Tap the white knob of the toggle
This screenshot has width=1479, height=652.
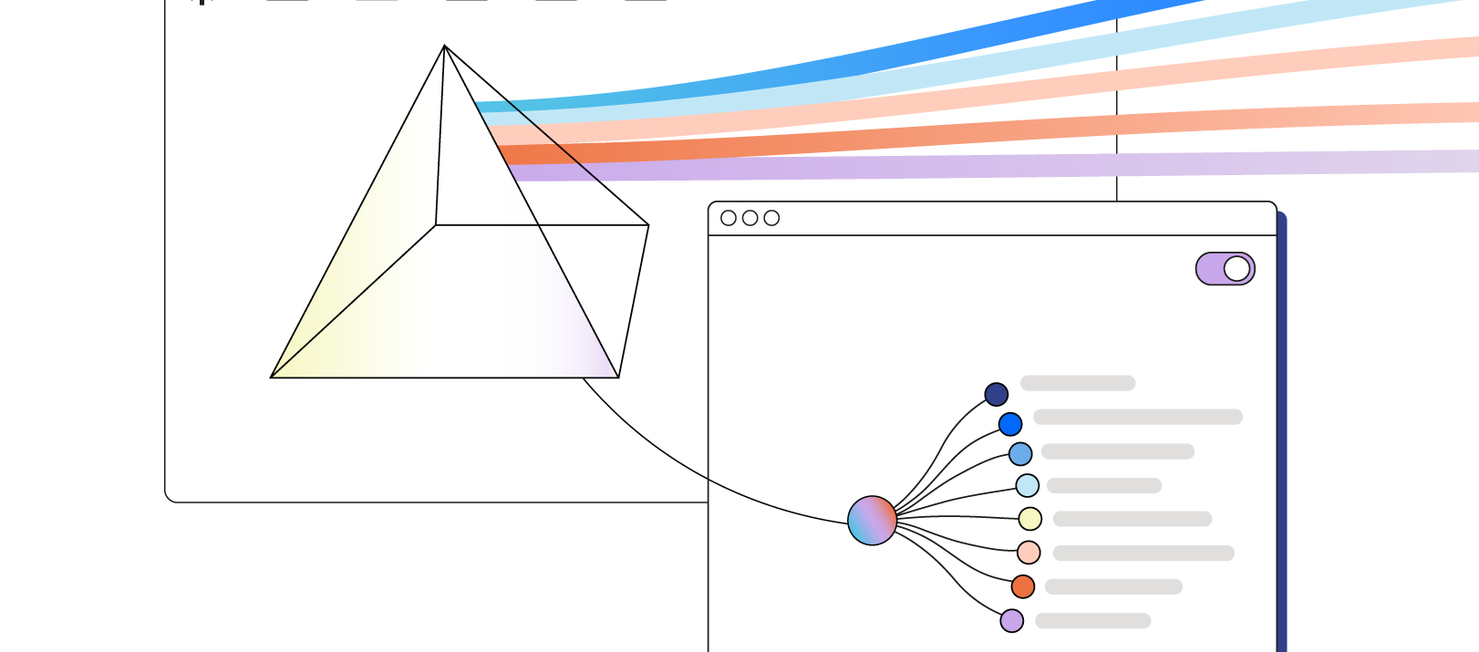[x=1236, y=269]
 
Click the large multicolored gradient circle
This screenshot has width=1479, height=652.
[x=872, y=521]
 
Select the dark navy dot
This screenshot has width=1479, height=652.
[x=997, y=395]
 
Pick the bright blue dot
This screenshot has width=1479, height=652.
[x=1010, y=424]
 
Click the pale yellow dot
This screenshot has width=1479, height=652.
[x=1030, y=519]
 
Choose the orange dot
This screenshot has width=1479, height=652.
[x=1023, y=586]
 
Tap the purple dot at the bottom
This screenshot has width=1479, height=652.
[x=1012, y=621]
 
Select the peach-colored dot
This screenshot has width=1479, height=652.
[x=1029, y=553]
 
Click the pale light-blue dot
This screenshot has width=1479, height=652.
[x=1028, y=485]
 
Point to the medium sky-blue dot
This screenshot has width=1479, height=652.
[x=1020, y=454]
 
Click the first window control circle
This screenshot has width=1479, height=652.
[x=729, y=218]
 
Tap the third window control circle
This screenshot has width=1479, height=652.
[x=771, y=218]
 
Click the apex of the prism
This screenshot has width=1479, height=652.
[x=444, y=46]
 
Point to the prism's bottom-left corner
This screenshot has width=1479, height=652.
[x=272, y=377]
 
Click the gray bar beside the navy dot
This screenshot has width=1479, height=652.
[x=1078, y=383]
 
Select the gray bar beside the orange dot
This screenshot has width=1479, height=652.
[x=1113, y=587]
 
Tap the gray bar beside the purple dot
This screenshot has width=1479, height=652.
[x=1092, y=621]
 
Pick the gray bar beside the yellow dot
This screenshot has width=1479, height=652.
[x=1132, y=519]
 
